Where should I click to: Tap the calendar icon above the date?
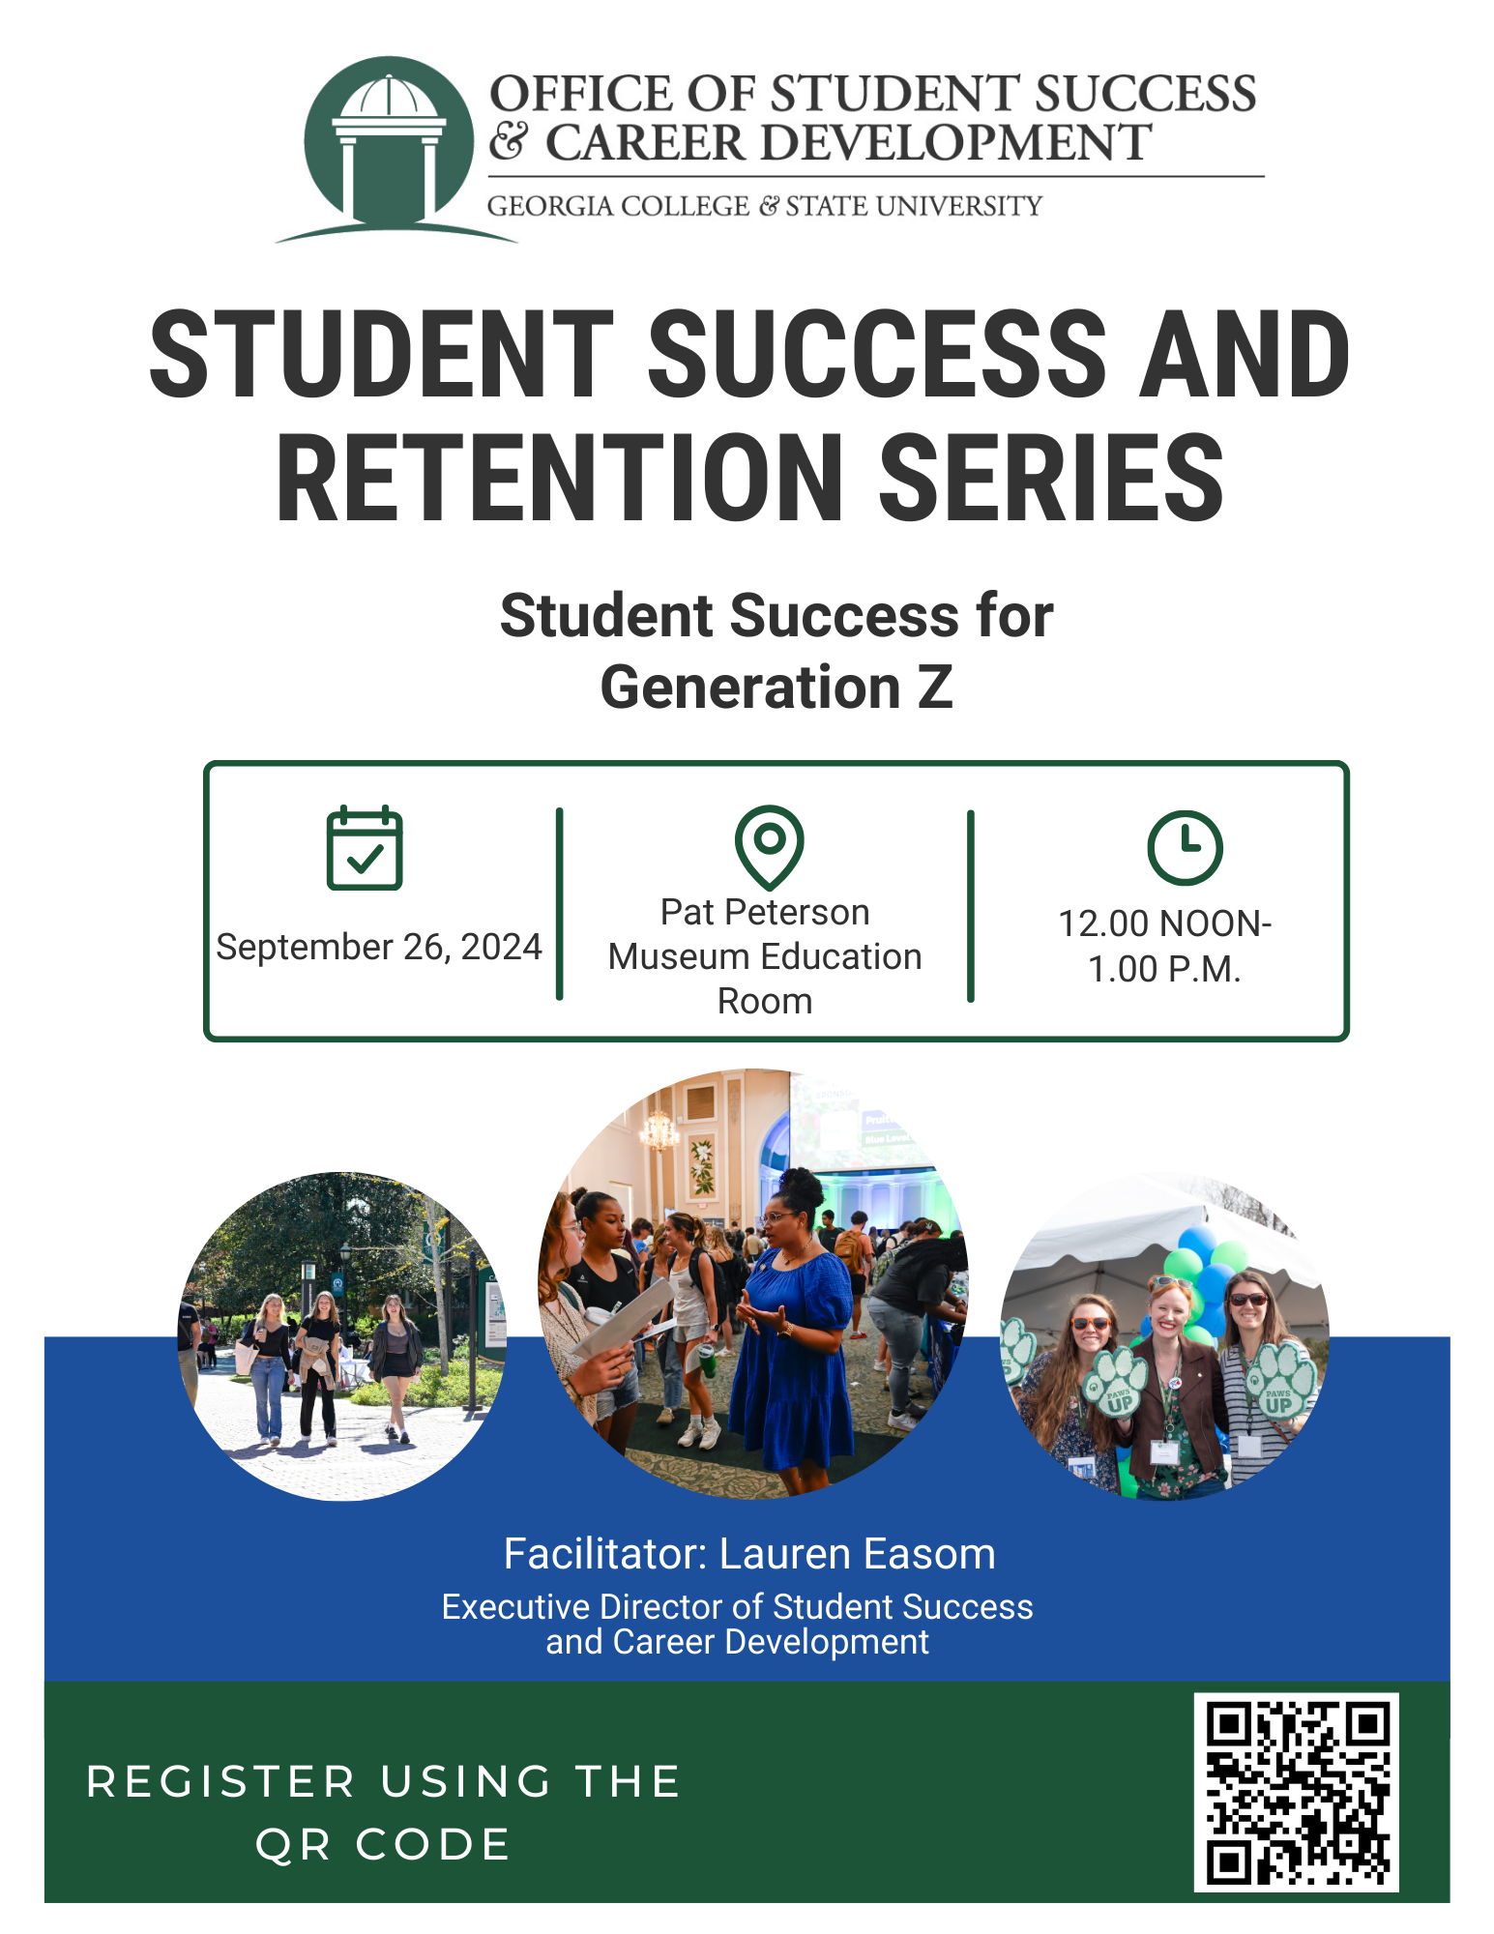365,848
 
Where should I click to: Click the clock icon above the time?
1185,848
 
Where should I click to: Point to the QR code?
1296,1791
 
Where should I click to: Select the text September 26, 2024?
379,947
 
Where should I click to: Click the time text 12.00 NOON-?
1164,923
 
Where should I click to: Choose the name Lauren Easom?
857,1554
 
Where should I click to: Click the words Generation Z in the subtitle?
776,688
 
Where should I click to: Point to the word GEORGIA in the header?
549,206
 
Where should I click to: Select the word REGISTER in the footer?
221,1781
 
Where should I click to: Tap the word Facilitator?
606,1554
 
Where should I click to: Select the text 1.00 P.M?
1164,969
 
